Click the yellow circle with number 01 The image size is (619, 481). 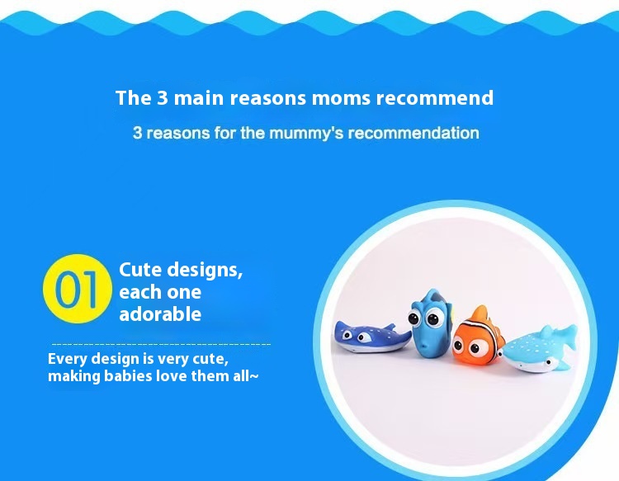(77, 287)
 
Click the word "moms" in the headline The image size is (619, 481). (341, 98)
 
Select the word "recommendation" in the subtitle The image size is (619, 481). (413, 133)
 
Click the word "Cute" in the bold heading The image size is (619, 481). (140, 270)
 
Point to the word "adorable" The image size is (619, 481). (160, 314)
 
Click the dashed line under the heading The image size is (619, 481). (161, 343)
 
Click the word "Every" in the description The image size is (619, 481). (67, 359)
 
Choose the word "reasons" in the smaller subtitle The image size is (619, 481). (179, 133)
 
